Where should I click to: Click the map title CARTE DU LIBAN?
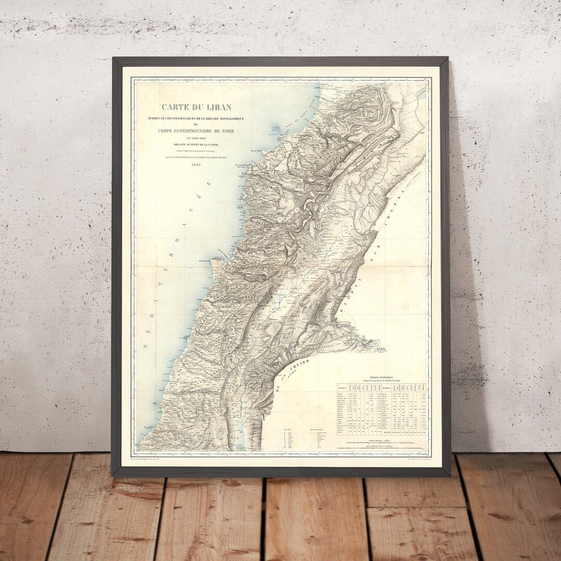[x=196, y=108]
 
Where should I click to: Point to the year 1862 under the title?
[x=196, y=165]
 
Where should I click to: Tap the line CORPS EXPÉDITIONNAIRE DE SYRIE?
[x=196, y=131]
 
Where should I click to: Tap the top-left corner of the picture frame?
[x=114, y=59]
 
